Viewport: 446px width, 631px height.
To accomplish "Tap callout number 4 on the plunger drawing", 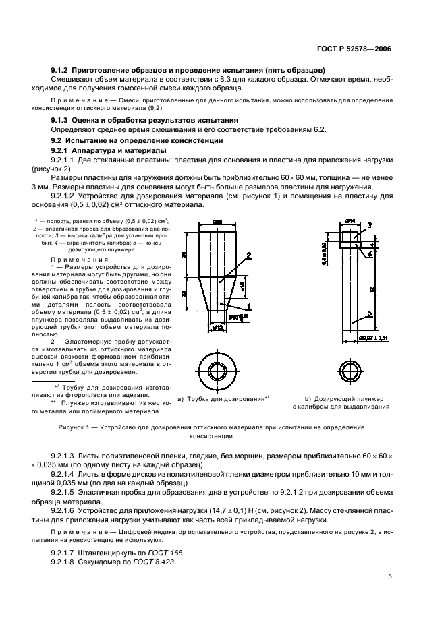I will [x=369, y=254].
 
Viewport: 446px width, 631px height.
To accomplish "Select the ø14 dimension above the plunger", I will [x=350, y=220].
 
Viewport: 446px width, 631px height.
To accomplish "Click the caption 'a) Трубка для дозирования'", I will [x=220, y=399].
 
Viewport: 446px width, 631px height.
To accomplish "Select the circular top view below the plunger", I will [x=350, y=370].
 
